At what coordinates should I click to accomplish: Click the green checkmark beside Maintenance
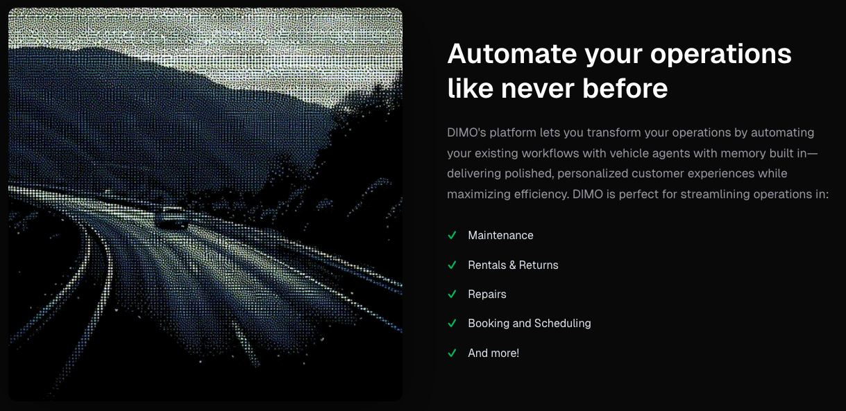[x=452, y=236]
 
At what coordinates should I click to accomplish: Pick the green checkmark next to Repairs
[x=452, y=295]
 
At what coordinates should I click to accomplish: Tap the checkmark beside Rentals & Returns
[x=452, y=265]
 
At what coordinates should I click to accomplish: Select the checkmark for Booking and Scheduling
[x=452, y=324]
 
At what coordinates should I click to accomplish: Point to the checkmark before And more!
[x=452, y=353]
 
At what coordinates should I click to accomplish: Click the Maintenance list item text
[x=500, y=236]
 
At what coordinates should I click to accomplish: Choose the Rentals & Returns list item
[x=513, y=265]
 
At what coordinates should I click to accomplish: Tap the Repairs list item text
[x=487, y=295]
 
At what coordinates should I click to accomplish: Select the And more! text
[x=493, y=353]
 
